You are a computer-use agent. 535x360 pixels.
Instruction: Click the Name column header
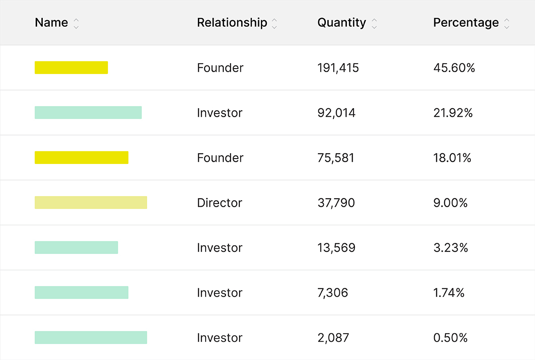(51, 23)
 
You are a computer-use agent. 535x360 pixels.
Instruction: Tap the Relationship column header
(232, 23)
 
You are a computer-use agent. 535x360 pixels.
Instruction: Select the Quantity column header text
(342, 23)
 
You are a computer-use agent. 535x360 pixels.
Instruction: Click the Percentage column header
(466, 23)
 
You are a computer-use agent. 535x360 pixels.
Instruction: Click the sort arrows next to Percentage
(506, 24)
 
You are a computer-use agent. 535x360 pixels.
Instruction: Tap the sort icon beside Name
(76, 24)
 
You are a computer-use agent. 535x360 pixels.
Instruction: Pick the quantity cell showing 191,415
(338, 68)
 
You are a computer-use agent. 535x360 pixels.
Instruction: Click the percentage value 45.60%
(454, 68)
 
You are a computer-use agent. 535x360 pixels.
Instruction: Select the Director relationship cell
(219, 203)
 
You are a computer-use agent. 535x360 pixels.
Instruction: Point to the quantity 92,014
(336, 113)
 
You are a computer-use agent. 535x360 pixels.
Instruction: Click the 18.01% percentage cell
(452, 158)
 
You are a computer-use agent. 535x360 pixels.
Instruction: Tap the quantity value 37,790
(336, 203)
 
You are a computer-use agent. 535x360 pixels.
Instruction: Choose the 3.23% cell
(450, 248)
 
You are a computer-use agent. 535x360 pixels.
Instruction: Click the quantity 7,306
(333, 293)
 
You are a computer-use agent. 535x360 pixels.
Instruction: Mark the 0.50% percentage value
(450, 338)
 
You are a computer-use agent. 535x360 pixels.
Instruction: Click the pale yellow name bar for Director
(91, 203)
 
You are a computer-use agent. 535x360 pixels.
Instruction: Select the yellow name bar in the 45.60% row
(71, 68)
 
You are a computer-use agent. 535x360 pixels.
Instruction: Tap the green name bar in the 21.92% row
(88, 113)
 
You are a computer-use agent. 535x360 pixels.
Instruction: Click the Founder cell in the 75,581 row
(220, 158)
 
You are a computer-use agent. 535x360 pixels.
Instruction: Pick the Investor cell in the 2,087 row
(219, 338)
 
